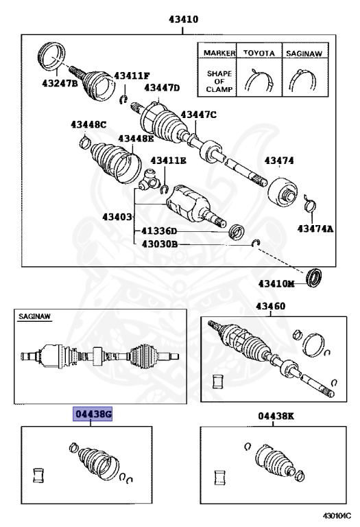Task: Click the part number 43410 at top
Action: point(180,19)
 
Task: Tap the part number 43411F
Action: point(132,75)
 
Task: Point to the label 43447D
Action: point(162,88)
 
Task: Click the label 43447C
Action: point(198,115)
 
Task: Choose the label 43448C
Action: point(88,124)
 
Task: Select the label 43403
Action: point(117,217)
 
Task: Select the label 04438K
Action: point(276,416)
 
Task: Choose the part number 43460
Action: point(271,306)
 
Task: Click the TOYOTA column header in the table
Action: point(260,52)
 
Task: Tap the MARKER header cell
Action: point(217,52)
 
